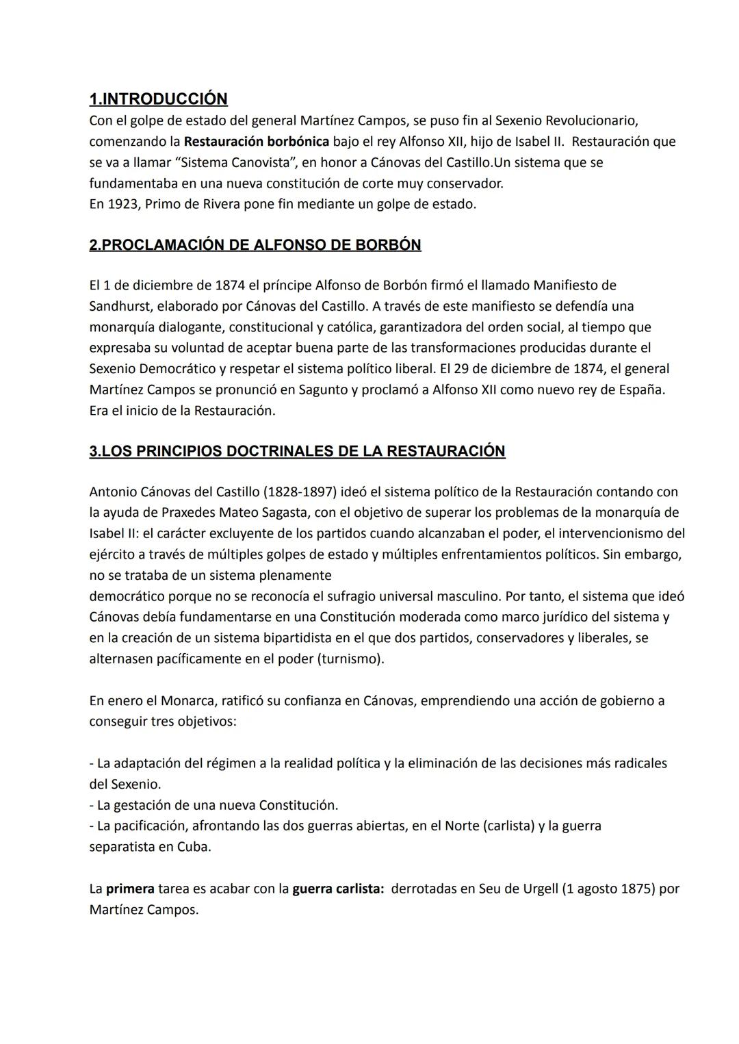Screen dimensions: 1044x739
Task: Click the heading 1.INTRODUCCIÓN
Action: (x=158, y=99)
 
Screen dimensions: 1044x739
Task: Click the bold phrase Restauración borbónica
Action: (x=256, y=142)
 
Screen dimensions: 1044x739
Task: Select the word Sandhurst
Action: (x=120, y=306)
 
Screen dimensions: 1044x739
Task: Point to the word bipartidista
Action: (x=298, y=638)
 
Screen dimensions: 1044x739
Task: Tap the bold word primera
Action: (x=130, y=889)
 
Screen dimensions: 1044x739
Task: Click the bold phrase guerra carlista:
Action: (x=338, y=889)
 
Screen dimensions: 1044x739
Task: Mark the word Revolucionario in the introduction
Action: (x=588, y=121)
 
